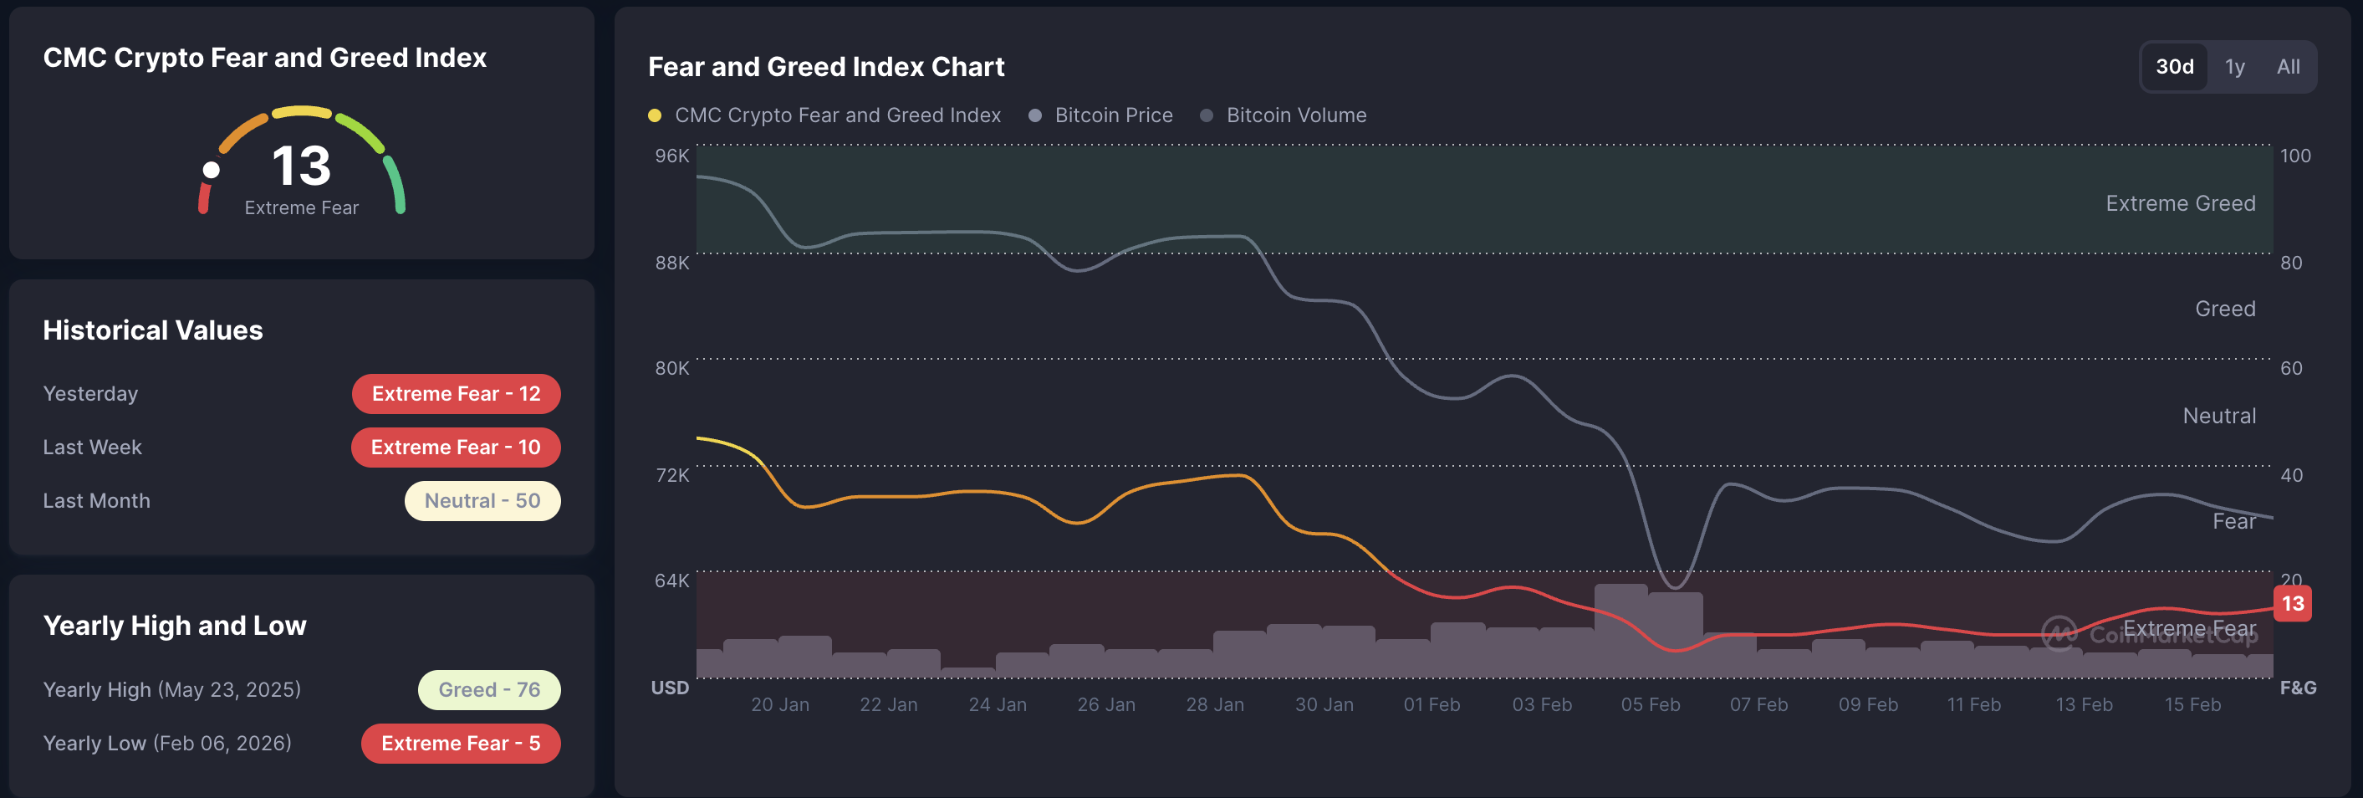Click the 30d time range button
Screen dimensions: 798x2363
click(2174, 67)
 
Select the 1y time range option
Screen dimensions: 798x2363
click(2234, 67)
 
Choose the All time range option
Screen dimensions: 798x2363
click(2288, 67)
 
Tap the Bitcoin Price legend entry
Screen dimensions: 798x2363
click(1113, 115)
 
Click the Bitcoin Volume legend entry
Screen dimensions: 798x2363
click(1295, 115)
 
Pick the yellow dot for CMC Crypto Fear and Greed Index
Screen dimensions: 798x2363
click(655, 115)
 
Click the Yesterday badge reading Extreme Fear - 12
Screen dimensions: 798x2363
click(456, 393)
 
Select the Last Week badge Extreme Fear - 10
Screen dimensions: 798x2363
click(456, 448)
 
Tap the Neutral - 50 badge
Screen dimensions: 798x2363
click(482, 501)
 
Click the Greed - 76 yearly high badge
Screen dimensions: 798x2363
click(489, 690)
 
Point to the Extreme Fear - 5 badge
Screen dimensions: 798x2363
click(461, 743)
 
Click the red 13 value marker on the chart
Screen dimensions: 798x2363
click(2293, 604)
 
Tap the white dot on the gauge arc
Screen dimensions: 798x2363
click(211, 170)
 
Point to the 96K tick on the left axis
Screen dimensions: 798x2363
click(671, 156)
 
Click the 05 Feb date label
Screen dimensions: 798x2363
click(1651, 704)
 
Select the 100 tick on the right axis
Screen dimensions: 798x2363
click(2295, 156)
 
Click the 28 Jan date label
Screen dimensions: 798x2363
click(1214, 704)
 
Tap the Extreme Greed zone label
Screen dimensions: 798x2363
click(2181, 203)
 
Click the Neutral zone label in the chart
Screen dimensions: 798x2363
click(2219, 417)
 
